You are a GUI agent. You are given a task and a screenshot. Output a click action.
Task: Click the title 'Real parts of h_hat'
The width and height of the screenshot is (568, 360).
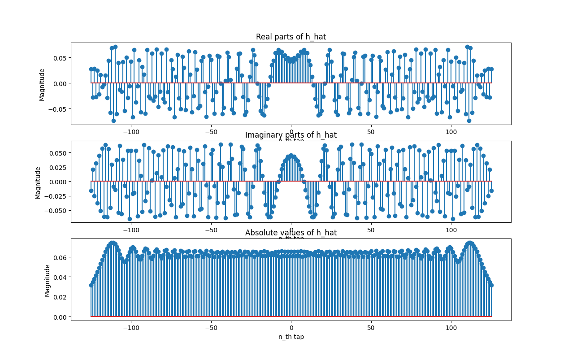point(291,37)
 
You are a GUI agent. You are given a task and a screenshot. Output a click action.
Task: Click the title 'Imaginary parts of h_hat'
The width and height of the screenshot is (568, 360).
point(291,135)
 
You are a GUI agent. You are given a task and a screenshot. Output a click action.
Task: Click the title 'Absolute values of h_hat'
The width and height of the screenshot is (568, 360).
point(291,233)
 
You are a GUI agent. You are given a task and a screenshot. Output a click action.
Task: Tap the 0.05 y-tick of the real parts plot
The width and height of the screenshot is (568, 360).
point(61,58)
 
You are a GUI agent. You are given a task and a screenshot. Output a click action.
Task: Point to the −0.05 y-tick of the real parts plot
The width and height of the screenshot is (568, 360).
point(59,109)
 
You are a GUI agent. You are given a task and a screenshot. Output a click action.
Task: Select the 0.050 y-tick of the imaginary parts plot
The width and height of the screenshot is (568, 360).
point(57,153)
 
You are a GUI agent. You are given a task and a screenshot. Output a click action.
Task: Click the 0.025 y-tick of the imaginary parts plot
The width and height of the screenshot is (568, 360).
point(57,167)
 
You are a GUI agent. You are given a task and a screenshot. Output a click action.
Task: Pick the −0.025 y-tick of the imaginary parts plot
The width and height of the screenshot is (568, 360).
point(55,196)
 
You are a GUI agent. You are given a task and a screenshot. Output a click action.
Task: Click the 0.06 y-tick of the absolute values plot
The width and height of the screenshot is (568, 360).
point(61,257)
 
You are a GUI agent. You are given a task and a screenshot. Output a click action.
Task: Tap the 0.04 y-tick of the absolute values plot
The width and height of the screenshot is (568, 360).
point(61,277)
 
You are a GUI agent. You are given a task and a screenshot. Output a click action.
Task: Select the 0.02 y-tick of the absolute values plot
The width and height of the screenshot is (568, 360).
point(61,297)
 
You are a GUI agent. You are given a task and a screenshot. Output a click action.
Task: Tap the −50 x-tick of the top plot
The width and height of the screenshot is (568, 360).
point(211,132)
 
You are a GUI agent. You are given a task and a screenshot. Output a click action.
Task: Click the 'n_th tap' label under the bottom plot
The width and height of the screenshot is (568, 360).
point(291,337)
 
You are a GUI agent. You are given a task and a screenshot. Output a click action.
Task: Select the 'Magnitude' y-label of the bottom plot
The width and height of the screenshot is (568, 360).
point(48,280)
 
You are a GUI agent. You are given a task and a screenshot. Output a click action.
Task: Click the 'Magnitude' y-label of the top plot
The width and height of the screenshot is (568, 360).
point(42,84)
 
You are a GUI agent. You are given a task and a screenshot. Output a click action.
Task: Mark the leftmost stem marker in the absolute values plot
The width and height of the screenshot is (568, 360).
point(91,285)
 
